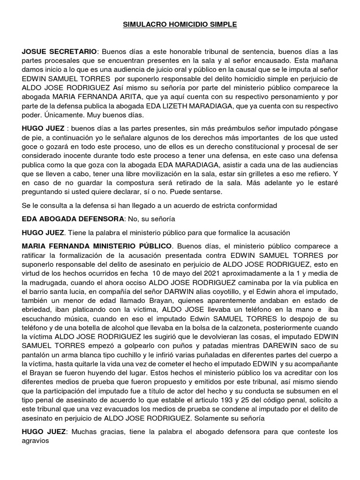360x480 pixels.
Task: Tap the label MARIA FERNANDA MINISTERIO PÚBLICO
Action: click(97, 246)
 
